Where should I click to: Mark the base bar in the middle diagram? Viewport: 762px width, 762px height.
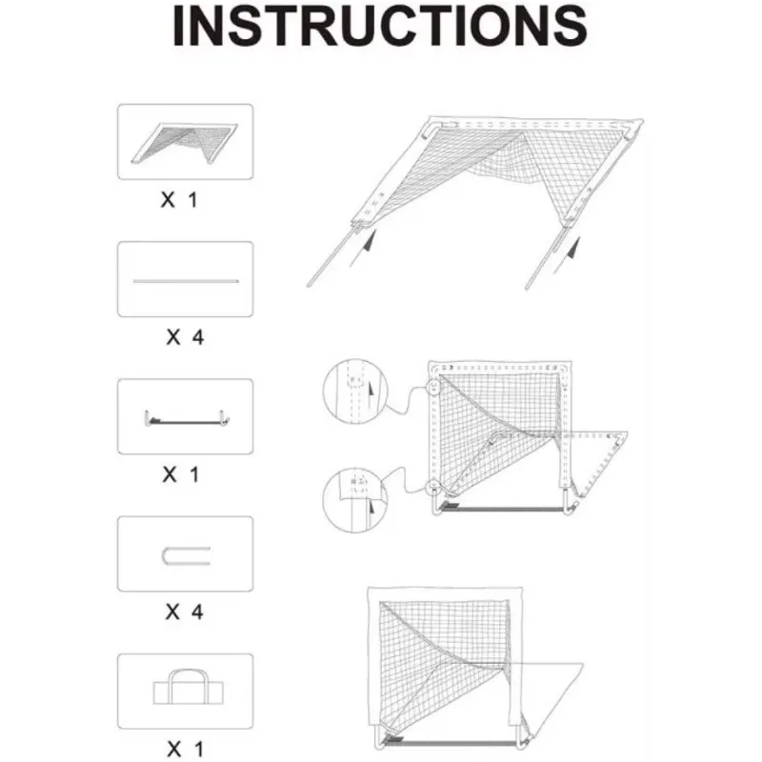pos(505,511)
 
